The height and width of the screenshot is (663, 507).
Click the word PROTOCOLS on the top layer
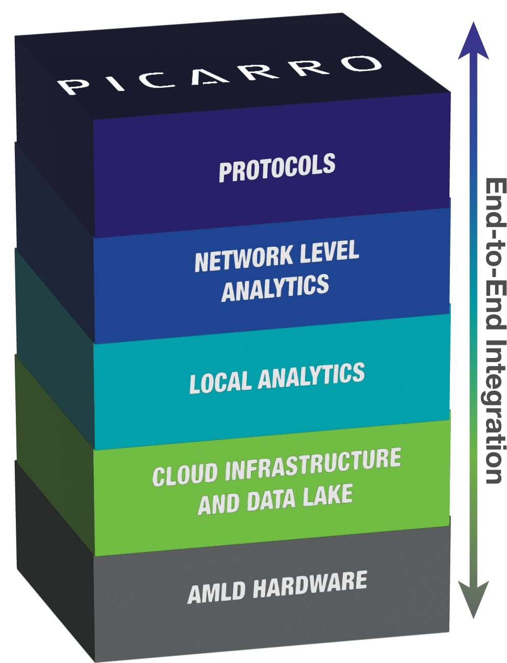tap(277, 168)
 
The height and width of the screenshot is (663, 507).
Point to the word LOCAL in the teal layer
tap(220, 382)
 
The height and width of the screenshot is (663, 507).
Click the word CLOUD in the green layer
tap(185, 474)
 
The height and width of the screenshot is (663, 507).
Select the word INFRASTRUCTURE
tap(313, 464)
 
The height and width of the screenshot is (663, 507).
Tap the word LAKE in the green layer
tap(327, 497)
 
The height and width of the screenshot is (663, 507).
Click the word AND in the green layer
tap(218, 504)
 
